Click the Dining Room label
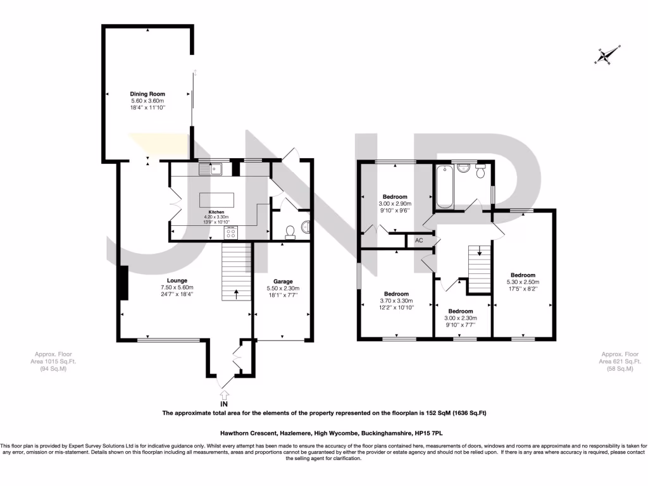pyautogui.click(x=147, y=94)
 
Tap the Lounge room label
pyautogui.click(x=177, y=280)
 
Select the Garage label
pyautogui.click(x=282, y=281)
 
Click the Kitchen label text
pyautogui.click(x=217, y=212)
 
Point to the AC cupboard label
pyautogui.click(x=419, y=240)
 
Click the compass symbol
pyautogui.click(x=604, y=56)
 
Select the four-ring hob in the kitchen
pyautogui.click(x=231, y=233)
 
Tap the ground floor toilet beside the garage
pyautogui.click(x=290, y=233)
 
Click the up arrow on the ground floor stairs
pyautogui.click(x=236, y=292)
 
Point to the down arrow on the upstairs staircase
pyautogui.click(x=479, y=251)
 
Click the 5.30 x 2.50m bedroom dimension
pyautogui.click(x=523, y=282)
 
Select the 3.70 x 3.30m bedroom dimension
pyautogui.click(x=397, y=301)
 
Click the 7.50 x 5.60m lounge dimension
pyautogui.click(x=177, y=287)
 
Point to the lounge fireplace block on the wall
pyautogui.click(x=122, y=282)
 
